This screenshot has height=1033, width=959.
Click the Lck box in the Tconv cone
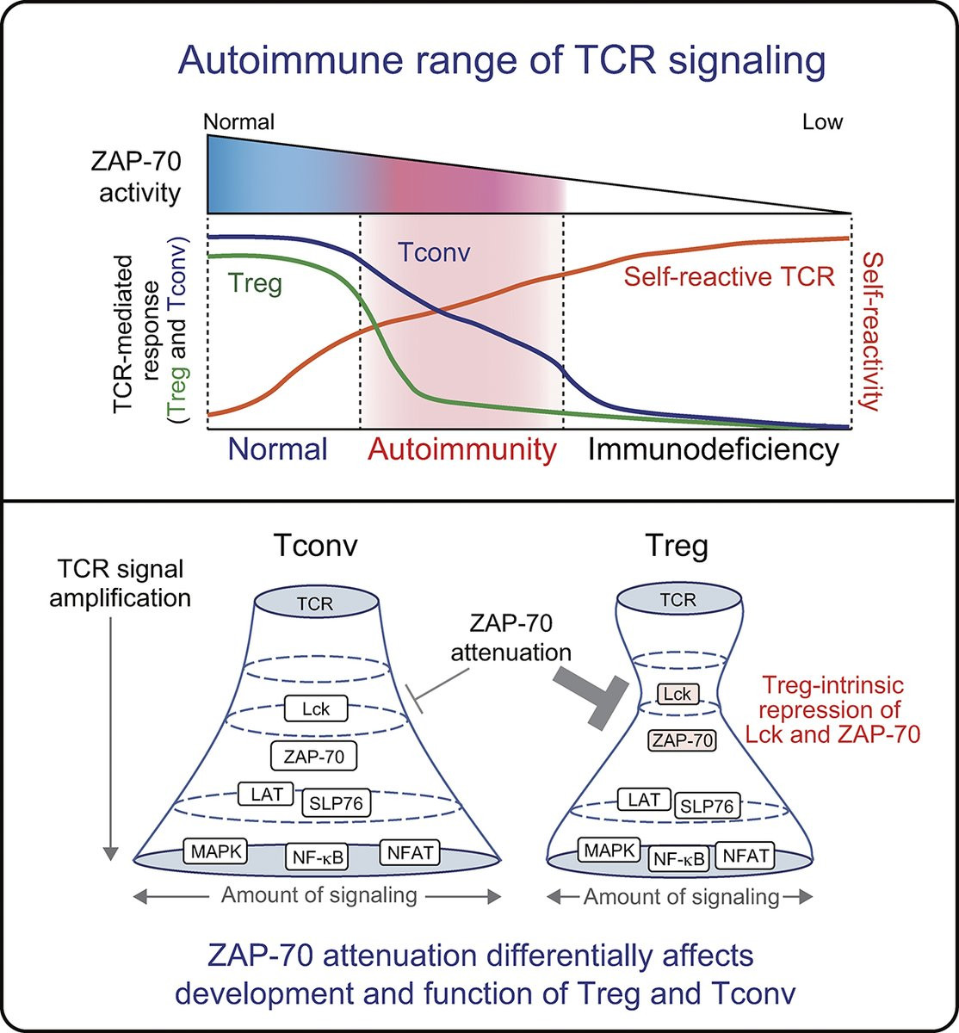(x=316, y=708)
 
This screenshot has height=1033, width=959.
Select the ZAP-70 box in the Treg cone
(x=682, y=740)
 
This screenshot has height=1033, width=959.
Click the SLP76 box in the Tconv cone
(x=336, y=804)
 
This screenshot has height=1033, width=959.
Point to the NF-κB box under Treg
(x=679, y=858)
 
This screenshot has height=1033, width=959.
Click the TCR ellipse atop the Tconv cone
(x=315, y=603)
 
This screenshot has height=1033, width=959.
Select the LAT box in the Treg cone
(x=644, y=799)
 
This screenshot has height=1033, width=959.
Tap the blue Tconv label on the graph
(x=434, y=252)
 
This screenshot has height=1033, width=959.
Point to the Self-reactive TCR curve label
(x=729, y=276)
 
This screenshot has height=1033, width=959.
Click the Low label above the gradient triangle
(x=822, y=122)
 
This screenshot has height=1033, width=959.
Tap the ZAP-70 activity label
(x=136, y=177)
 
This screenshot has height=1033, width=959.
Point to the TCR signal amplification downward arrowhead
(x=110, y=854)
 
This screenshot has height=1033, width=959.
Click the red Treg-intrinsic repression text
(x=832, y=710)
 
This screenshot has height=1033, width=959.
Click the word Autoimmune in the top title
(x=291, y=61)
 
